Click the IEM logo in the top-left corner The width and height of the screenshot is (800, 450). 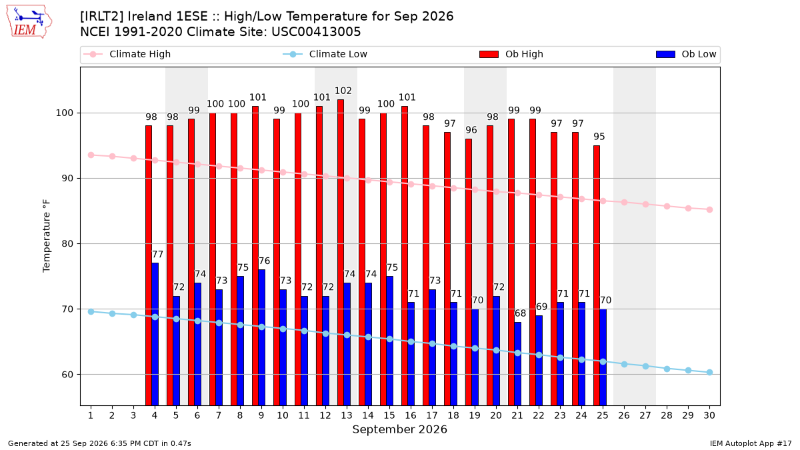[29, 22]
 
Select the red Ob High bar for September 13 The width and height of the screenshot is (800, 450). [341, 253]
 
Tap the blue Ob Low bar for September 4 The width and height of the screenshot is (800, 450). [155, 334]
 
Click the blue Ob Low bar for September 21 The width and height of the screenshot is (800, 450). [517, 364]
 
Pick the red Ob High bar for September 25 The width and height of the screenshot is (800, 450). [597, 275]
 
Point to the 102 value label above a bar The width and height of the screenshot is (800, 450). [343, 91]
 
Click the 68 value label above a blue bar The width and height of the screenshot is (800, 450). [520, 313]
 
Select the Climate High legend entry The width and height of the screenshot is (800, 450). [127, 54]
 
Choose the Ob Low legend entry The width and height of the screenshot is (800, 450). [686, 54]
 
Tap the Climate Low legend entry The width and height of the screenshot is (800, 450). [325, 54]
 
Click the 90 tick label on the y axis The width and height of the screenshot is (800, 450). [67, 178]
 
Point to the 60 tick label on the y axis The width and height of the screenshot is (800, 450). [67, 374]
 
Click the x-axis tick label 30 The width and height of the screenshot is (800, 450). [709, 415]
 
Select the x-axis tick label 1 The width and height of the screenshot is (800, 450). [91, 415]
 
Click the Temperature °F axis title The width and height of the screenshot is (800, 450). [47, 236]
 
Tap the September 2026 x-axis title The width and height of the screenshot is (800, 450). [399, 429]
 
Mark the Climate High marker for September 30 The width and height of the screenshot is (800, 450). [709, 209]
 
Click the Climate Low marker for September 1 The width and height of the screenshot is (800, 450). [91, 312]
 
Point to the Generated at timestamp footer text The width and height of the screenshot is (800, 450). [99, 443]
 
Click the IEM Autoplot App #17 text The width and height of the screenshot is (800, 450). [751, 443]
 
